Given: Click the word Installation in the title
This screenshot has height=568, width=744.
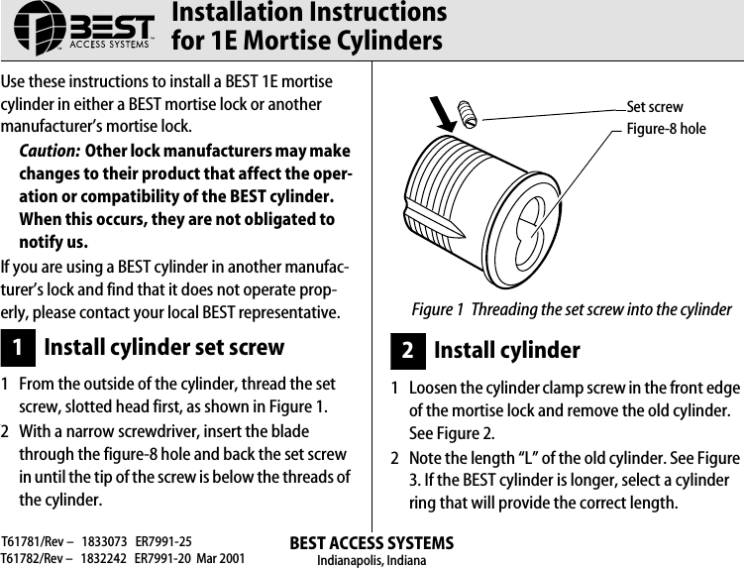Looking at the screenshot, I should click(x=236, y=13).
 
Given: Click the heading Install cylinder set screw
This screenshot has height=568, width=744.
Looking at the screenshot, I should click(x=163, y=348).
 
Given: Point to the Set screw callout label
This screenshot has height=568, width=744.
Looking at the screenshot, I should click(x=655, y=107).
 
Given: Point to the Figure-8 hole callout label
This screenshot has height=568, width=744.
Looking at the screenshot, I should click(x=666, y=129).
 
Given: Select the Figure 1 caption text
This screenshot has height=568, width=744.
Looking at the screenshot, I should click(x=572, y=309).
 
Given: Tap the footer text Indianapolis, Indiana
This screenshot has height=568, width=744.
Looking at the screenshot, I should click(x=371, y=560).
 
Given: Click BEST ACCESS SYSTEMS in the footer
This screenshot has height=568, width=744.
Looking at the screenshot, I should click(x=372, y=543).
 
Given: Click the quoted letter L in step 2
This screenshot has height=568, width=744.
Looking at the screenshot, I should click(x=513, y=459).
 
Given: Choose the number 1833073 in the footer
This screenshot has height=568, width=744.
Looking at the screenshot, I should click(x=104, y=543).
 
